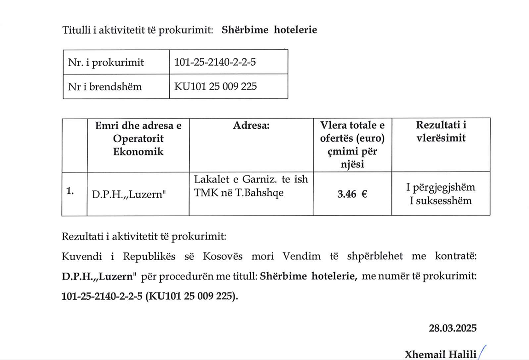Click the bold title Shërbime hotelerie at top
coord(269,30)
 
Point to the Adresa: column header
coord(251,126)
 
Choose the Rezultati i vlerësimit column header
coord(441,131)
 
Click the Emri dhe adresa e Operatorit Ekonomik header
coord(138,138)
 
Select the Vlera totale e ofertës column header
coord(352,144)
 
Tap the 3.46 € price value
coord(352,194)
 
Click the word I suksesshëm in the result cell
coord(441,201)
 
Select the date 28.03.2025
coord(453,328)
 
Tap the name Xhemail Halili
coord(440,354)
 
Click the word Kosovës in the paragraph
coord(226,256)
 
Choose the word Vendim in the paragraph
coord(301,256)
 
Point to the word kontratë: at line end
coord(455,256)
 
